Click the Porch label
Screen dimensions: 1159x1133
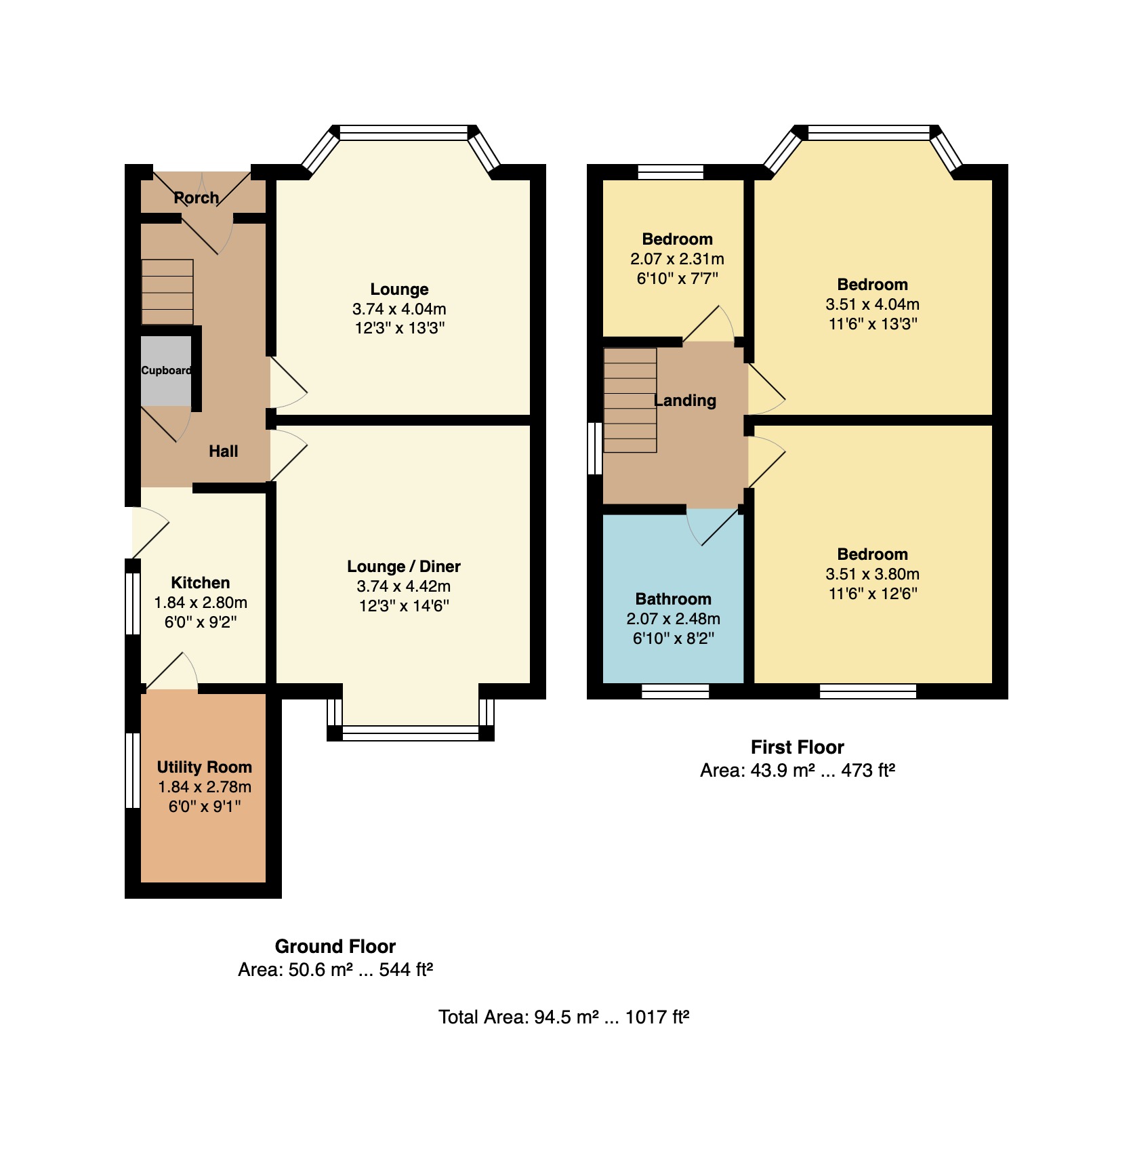197,198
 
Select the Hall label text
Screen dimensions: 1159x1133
223,451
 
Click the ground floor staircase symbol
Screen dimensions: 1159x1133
167,292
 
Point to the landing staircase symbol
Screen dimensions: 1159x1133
630,400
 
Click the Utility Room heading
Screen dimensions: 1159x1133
204,767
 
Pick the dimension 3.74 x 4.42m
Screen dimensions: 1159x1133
403,586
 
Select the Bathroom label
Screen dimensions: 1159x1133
673,599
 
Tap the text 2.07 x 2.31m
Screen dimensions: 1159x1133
677,259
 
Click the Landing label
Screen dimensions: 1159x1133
685,401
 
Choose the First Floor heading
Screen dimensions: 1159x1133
797,748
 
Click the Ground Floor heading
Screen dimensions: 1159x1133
335,947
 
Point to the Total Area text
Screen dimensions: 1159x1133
563,1017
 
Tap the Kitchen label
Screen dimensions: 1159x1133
200,583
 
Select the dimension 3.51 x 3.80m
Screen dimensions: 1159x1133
872,574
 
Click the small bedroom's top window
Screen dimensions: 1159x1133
671,172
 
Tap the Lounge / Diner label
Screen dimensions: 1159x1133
403,567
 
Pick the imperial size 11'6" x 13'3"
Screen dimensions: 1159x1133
872,324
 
